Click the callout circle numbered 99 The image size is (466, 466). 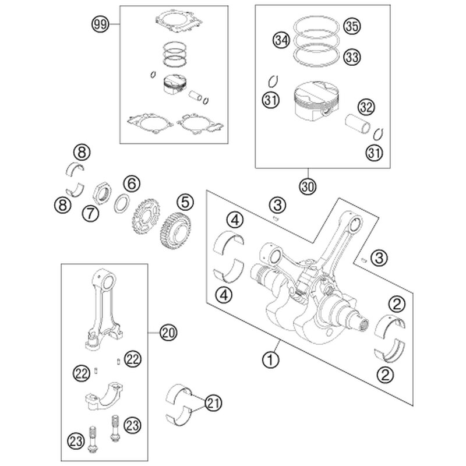click(101, 24)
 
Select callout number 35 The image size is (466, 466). click(351, 26)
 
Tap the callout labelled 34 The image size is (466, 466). click(281, 41)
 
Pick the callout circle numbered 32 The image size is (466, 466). click(366, 107)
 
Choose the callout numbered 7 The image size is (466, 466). click(90, 213)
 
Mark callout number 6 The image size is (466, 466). click(132, 183)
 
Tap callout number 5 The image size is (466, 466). click(184, 202)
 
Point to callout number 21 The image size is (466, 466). click(214, 401)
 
